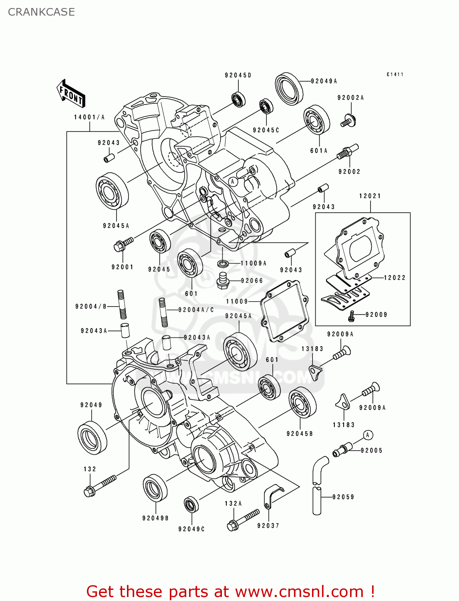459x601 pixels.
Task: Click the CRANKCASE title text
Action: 41,12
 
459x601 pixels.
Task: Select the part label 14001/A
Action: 89,117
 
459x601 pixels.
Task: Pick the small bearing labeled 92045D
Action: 238,99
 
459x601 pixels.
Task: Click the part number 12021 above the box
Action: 370,196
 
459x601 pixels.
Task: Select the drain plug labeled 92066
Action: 223,280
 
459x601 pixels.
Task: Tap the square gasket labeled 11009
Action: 285,311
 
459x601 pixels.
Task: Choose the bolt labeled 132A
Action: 243,520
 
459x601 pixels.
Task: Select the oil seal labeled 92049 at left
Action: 92,438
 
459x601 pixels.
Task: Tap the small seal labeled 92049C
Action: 191,504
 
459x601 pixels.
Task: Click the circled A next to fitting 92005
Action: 368,435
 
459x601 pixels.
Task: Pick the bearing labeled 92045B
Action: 302,403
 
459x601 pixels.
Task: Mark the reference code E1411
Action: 395,75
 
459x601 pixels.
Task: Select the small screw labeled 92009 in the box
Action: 351,317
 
